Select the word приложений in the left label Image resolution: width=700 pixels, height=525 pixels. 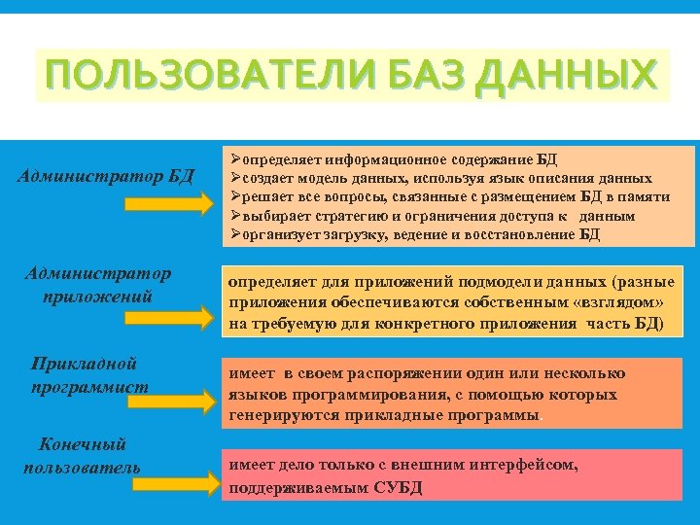pos(97,295)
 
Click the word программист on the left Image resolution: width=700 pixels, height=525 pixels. pos(90,386)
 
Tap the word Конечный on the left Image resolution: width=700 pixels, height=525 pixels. pos(82,444)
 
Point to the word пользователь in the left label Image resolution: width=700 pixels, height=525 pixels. pos(82,467)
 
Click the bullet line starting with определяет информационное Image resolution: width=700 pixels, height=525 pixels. pos(394,159)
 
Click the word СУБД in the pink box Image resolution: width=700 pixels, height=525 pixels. pos(399,487)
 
